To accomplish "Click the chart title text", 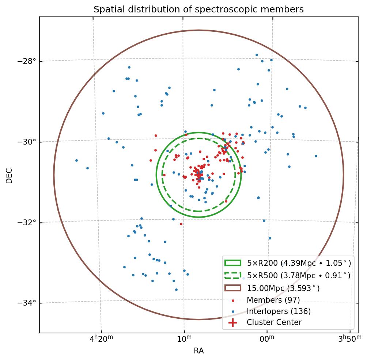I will tap(198, 9).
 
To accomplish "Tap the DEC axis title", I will tap(9, 175).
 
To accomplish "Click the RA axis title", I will tap(198, 351).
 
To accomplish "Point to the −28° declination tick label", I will tap(27, 61).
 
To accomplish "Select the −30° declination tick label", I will tap(27, 142).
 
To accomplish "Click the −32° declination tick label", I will tap(27, 222).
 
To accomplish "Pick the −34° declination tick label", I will tap(27, 303).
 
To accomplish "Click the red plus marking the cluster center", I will tap(198, 175).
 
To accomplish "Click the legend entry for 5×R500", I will tap(298, 276).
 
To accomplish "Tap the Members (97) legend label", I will tap(273, 300).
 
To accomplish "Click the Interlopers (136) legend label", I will tap(279, 311).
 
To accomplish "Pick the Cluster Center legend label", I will tap(274, 323).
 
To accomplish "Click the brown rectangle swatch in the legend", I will tap(233, 288).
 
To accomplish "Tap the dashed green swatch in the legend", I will tap(233, 276).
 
